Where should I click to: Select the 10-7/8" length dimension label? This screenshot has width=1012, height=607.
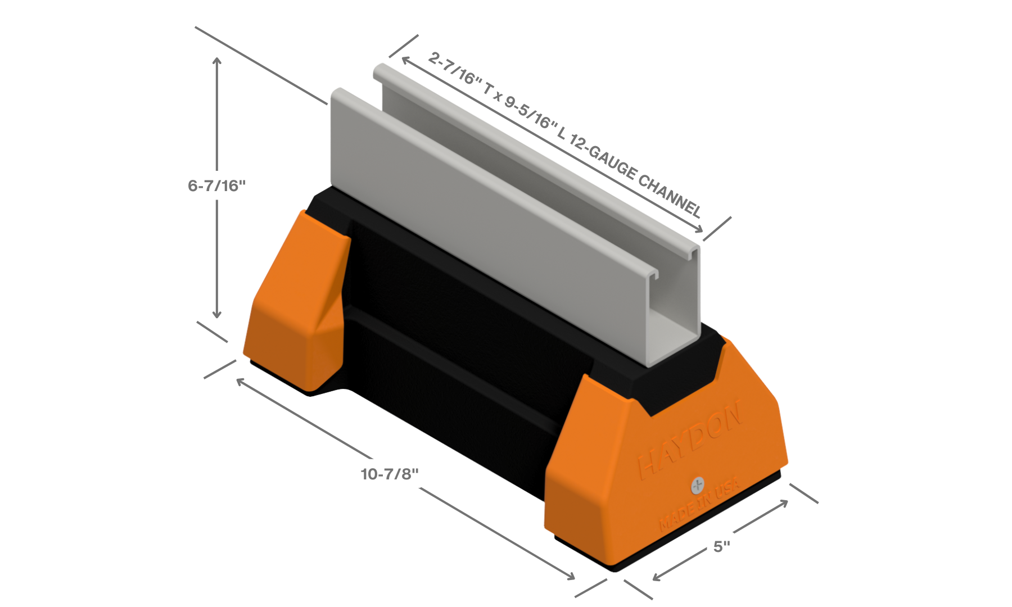click(390, 474)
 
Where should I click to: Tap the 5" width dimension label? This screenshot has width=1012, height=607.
click(721, 546)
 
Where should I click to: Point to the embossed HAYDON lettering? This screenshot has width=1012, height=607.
click(690, 439)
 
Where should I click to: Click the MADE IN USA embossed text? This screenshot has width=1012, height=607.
click(699, 505)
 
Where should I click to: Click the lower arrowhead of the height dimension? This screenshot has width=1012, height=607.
click(216, 316)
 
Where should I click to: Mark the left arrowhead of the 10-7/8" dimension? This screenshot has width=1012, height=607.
click(239, 381)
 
